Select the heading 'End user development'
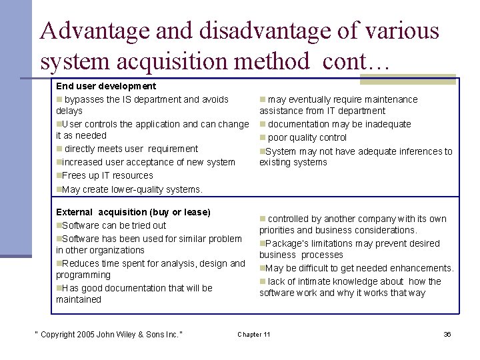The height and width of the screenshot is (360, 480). [x=106, y=86]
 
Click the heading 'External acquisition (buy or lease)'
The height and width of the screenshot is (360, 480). [x=133, y=212]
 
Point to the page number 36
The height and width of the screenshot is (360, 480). [x=447, y=334]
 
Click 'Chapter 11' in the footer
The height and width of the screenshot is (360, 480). [x=254, y=334]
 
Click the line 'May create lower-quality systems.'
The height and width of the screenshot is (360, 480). [x=130, y=189]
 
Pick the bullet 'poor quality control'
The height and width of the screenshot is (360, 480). [x=304, y=137]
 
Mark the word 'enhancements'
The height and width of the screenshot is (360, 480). [x=422, y=268]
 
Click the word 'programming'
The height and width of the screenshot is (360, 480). [x=83, y=275]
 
